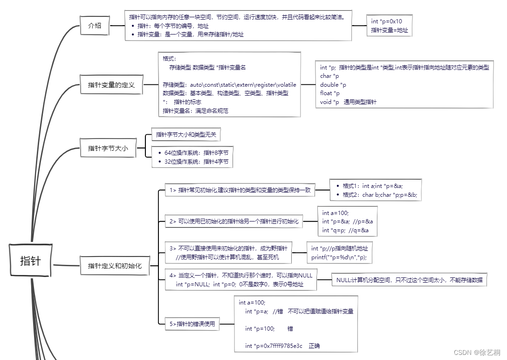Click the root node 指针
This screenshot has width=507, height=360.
pyautogui.click(x=30, y=261)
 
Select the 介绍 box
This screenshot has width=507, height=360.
pyautogui.click(x=95, y=26)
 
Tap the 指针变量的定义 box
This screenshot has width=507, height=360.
pyautogui.click(x=111, y=85)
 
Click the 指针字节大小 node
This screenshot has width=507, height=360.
pyautogui.click(x=108, y=148)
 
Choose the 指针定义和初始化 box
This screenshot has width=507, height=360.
pyautogui.click(x=115, y=266)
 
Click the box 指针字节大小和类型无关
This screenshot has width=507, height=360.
pyautogui.click(x=185, y=135)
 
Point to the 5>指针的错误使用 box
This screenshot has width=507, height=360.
pyautogui.click(x=192, y=324)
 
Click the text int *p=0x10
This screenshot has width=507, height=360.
pyautogui.click(x=386, y=21)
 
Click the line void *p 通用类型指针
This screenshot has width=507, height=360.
pyautogui.click(x=348, y=102)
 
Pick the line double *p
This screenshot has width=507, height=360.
pyautogui.click(x=333, y=85)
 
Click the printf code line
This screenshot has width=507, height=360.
pyautogui.click(x=342, y=257)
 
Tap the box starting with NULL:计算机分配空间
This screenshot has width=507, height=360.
pyautogui.click(x=409, y=280)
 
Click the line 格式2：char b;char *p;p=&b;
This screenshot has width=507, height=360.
pyautogui.click(x=379, y=195)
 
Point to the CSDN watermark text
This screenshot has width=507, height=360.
pyautogui.click(x=477, y=353)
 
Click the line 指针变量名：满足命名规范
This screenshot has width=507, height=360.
pyautogui.click(x=195, y=111)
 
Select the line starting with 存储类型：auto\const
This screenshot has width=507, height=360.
pyautogui.click(x=229, y=85)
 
